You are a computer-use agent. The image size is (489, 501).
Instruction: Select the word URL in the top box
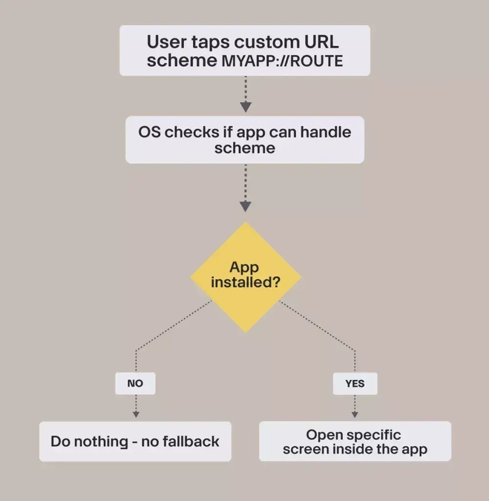coord(320,43)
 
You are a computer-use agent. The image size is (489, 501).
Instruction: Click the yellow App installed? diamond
coord(245,277)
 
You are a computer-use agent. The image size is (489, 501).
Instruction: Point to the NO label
coord(135,384)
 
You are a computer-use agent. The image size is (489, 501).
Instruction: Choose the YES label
coord(355,384)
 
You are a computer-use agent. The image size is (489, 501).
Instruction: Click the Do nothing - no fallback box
coord(135,441)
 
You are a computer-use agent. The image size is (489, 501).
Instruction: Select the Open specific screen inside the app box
coord(355,441)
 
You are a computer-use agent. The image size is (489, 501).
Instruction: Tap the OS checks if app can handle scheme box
coord(244,140)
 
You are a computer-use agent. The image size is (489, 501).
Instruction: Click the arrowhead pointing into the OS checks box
coord(245,107)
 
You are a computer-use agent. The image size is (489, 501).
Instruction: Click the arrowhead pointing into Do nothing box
coord(135,414)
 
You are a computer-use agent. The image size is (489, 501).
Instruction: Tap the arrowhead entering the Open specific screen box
coord(355,414)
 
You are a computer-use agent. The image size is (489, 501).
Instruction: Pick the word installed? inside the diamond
coord(245,283)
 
